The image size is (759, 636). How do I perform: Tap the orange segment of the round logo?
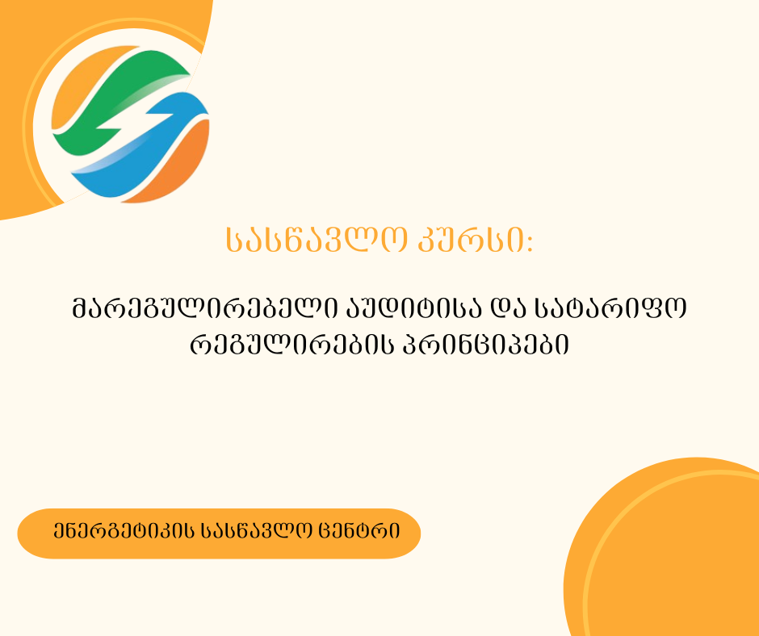pos(182,161)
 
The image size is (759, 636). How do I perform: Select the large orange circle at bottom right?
pos(670,557)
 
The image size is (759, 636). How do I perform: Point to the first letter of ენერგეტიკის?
pos(61,533)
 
